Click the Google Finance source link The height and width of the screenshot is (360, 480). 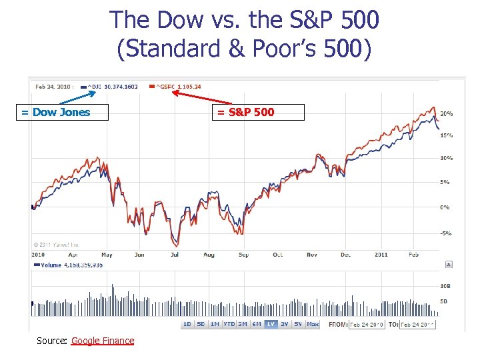103,341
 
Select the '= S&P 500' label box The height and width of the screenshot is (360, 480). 259,112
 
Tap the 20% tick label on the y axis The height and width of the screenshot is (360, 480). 445,113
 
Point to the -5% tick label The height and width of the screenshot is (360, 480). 445,233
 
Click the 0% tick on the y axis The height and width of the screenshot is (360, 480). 445,207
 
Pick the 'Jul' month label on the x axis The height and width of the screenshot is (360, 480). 175,255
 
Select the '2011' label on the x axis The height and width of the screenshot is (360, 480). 381,255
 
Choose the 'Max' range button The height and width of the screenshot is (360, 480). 313,324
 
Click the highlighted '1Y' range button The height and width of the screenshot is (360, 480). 271,324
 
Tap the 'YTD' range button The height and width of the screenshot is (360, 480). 228,324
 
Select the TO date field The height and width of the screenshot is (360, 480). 418,324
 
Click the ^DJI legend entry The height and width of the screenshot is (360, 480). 112,86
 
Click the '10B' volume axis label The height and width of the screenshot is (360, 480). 445,285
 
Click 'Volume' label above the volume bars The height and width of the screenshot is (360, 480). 50,265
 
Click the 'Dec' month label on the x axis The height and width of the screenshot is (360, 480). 345,255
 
